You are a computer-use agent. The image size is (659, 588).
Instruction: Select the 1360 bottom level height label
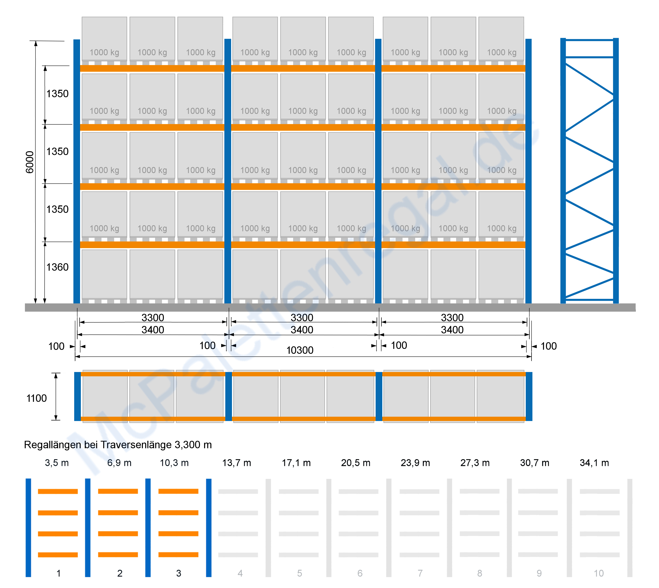57,267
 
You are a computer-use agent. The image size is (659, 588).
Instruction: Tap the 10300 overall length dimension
300,350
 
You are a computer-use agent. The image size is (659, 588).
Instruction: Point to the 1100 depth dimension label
37,398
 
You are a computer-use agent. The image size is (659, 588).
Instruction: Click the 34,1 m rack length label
594,463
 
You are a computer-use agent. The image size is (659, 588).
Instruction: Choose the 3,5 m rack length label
57,463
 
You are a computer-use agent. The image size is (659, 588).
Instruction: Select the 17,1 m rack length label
296,463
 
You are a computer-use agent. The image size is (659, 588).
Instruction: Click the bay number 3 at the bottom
179,573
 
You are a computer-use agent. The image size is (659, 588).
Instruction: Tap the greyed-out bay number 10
599,573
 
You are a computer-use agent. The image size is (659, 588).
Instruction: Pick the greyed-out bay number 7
420,573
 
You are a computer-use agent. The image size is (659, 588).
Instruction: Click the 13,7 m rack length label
237,463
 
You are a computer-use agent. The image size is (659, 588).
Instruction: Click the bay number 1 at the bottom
58,573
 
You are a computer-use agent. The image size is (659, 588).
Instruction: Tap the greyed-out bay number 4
240,573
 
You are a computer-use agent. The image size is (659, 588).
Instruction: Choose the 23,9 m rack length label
415,463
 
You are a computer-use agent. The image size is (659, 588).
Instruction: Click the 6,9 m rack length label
119,463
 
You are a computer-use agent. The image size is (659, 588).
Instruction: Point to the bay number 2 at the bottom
120,573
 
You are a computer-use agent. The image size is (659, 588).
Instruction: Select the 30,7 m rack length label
535,463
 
